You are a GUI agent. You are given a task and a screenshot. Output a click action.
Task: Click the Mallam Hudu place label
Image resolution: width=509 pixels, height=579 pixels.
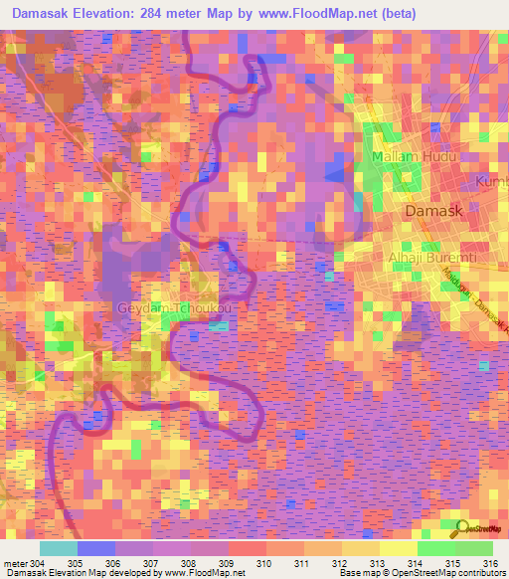pyautogui.click(x=407, y=158)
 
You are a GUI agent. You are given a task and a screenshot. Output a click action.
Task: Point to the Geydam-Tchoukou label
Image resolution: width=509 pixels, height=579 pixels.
pyautogui.click(x=175, y=308)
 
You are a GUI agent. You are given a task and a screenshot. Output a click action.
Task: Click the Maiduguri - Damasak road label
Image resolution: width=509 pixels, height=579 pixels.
pyautogui.click(x=475, y=298)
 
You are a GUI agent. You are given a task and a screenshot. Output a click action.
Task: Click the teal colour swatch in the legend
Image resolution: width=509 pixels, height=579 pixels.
pyautogui.click(x=58, y=548)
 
